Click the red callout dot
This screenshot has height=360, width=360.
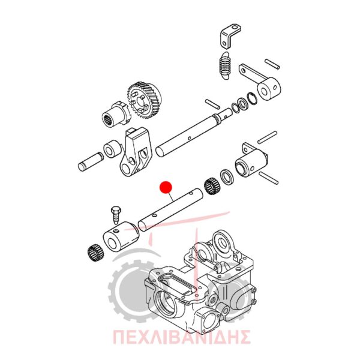[166, 187]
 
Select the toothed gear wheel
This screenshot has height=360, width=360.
[145, 101]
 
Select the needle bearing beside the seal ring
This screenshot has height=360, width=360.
[212, 187]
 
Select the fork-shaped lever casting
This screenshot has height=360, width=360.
[136, 152]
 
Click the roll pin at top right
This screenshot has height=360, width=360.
[272, 64]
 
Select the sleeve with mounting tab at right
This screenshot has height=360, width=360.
[251, 160]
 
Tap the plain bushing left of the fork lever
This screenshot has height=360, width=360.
[112, 149]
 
